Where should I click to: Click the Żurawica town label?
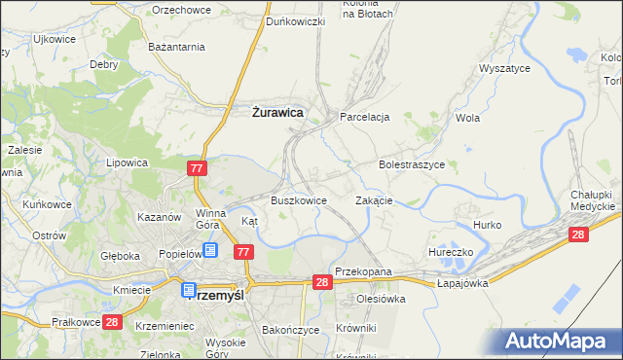coord(272,113)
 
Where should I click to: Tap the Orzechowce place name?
coord(183,9)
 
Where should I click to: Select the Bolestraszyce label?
coord(412,165)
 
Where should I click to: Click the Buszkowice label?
coord(297,200)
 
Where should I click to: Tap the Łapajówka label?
coord(461,283)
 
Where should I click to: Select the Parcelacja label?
coord(364,117)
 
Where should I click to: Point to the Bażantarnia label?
coord(175,47)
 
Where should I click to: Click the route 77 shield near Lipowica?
coord(198,169)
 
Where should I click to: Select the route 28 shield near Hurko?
coord(578,234)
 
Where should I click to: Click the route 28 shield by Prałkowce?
coord(112,322)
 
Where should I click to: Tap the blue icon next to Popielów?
coord(210,250)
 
